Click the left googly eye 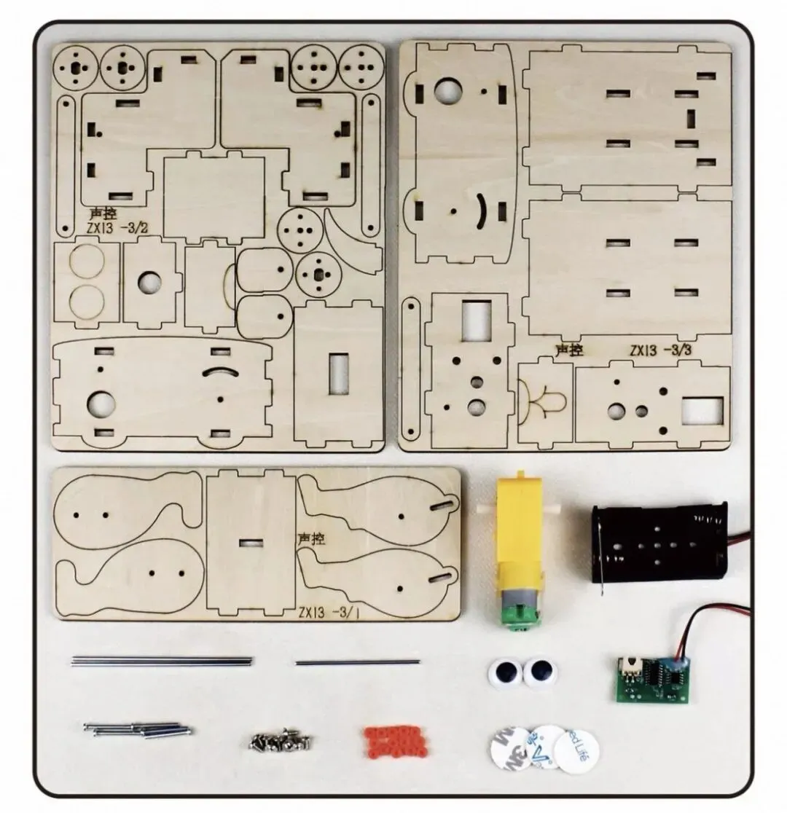point(504,672)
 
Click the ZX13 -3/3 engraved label point(662,350)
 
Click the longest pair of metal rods point(162,661)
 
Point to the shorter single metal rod point(358,662)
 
